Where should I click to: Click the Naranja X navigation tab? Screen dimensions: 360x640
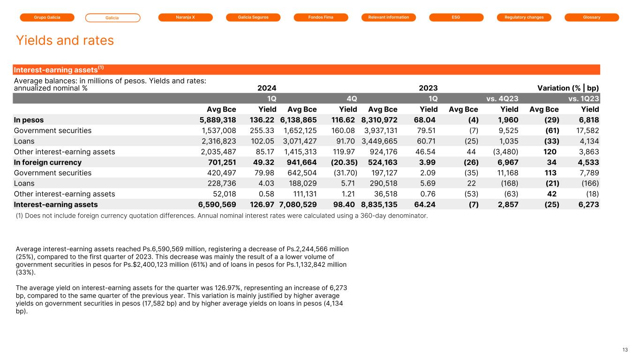185,17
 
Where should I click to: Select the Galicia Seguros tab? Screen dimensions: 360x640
253,17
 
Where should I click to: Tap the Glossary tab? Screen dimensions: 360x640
592,17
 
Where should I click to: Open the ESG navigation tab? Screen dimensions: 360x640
456,17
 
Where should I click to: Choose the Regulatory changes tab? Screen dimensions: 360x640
524,17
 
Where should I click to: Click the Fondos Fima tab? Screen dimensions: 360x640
321,17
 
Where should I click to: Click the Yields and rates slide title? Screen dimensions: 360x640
65,40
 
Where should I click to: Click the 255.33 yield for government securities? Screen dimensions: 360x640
264,130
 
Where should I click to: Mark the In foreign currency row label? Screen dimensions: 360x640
48,162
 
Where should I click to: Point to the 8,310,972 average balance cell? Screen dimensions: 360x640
379,120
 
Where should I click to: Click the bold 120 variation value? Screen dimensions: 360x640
550,151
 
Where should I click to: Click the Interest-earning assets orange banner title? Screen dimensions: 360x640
59,69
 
